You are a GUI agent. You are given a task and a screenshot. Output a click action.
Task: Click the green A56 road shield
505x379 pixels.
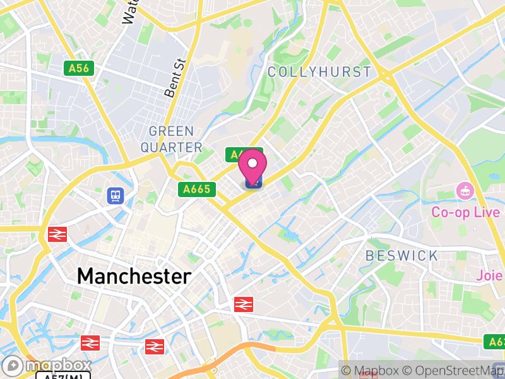78,68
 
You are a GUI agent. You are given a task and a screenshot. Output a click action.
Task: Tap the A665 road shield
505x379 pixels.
197,189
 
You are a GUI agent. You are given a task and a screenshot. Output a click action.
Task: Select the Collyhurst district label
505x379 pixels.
319,72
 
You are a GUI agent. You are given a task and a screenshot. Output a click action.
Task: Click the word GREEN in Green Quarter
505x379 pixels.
171,131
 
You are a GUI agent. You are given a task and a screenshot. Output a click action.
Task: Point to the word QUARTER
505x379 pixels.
171,147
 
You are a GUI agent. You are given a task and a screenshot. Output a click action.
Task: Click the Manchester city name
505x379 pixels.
134,276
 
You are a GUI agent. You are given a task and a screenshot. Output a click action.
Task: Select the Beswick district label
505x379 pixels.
402,256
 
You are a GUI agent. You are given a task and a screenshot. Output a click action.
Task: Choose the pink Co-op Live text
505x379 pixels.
465,212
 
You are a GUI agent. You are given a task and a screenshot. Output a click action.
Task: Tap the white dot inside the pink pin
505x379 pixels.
253,164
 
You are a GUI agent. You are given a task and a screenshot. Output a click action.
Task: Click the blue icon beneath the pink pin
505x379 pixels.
253,183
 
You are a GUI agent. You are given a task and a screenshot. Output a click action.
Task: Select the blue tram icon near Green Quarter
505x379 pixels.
116,195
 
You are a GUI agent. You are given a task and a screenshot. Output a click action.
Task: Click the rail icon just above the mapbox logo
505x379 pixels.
90,342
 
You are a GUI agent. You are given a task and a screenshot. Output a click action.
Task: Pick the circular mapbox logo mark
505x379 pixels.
13,365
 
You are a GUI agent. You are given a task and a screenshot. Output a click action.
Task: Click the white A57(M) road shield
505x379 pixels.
63,376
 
